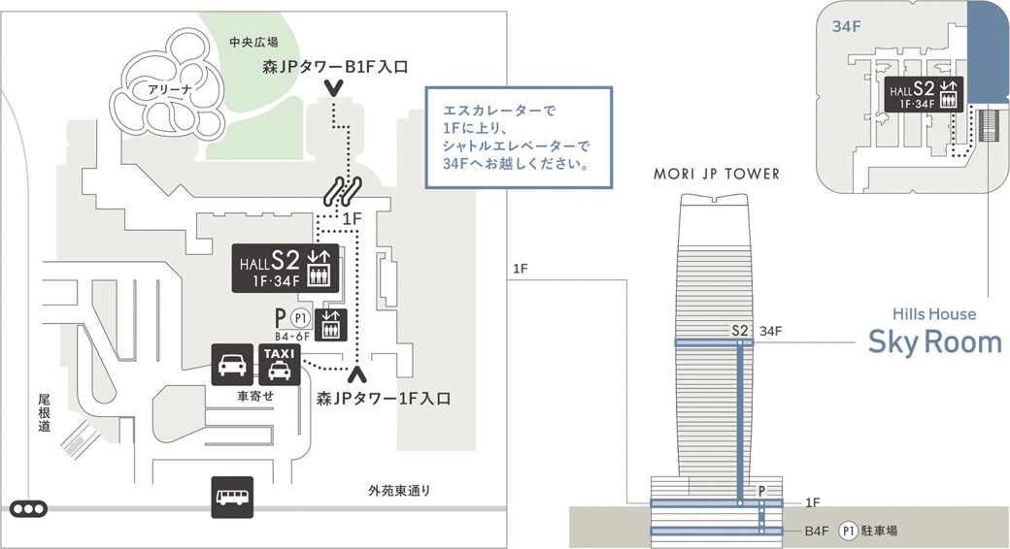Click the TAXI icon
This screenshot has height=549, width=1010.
click(279, 364)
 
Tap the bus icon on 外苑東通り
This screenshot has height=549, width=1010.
click(233, 497)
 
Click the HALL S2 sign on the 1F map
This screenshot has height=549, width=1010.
click(286, 267)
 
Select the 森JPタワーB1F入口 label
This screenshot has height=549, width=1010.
click(334, 67)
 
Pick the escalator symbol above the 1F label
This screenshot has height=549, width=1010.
click(343, 189)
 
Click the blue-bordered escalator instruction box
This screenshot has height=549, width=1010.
click(518, 138)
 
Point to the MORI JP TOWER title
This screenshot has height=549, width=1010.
click(718, 175)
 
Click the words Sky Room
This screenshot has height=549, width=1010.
click(934, 342)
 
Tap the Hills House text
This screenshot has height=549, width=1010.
click(934, 314)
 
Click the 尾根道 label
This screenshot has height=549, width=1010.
click(44, 413)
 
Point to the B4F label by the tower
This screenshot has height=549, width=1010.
click(817, 531)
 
